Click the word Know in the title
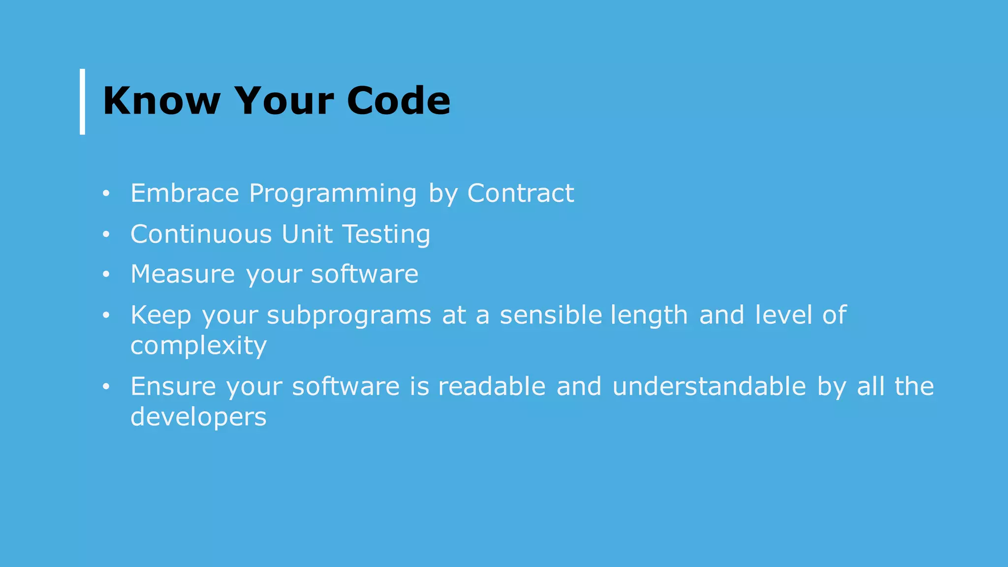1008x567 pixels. (161, 101)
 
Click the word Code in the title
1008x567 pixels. (398, 101)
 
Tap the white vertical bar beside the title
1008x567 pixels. (82, 101)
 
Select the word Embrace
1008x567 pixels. (185, 193)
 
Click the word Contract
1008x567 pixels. (520, 193)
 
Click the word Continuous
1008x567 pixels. (201, 234)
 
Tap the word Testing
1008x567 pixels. (386, 235)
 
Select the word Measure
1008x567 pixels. (183, 274)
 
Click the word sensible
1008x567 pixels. (551, 315)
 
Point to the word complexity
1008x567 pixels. (198, 346)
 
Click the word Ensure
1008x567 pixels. (173, 386)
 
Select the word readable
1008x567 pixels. (492, 386)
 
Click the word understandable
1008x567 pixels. (709, 386)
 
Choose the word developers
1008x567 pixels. (198, 417)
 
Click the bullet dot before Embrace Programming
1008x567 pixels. (106, 194)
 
